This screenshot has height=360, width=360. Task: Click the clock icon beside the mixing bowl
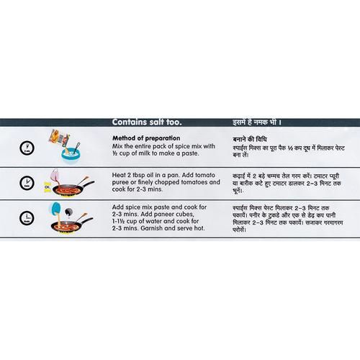[27, 148]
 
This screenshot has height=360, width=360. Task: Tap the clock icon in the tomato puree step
[27, 183]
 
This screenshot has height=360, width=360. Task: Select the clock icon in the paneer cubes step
[27, 218]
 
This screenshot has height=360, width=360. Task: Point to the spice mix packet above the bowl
[60, 138]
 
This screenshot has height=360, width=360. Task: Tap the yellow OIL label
[47, 187]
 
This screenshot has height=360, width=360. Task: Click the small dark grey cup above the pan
[69, 212]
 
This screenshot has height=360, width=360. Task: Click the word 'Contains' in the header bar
[128, 122]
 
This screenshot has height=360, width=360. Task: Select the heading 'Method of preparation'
[146, 138]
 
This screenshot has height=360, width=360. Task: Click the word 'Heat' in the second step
[119, 175]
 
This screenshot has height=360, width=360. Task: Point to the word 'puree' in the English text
[120, 183]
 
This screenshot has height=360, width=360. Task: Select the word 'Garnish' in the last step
[152, 228]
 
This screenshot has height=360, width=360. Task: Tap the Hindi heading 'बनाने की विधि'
[250, 140]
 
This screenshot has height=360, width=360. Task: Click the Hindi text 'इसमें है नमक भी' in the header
[255, 122]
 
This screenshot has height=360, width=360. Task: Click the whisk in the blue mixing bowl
[76, 148]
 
